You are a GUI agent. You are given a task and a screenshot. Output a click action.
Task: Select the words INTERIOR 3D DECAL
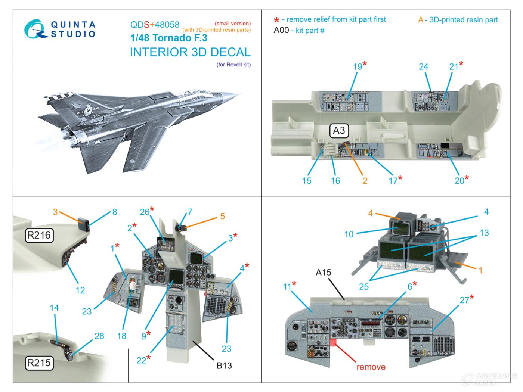190,52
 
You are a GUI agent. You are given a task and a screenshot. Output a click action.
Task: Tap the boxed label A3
339,131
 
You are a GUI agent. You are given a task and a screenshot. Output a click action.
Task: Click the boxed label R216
39,236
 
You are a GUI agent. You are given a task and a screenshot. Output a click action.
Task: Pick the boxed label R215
39,363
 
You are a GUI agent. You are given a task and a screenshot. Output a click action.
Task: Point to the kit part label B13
224,365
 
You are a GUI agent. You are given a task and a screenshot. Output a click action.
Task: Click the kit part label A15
323,272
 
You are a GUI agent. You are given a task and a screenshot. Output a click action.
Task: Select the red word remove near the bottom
371,367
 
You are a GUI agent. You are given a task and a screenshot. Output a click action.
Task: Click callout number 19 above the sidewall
358,66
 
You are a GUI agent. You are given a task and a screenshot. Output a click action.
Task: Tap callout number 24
423,66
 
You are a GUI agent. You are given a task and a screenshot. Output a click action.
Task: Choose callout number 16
335,181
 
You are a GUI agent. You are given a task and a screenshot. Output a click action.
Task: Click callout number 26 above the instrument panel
145,212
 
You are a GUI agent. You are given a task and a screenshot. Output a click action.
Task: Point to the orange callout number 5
222,216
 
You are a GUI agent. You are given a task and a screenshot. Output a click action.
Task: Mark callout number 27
464,300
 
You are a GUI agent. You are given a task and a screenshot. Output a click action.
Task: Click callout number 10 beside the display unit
349,234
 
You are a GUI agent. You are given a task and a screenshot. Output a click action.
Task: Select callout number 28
99,336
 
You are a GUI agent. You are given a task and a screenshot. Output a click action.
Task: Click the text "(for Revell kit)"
233,65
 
